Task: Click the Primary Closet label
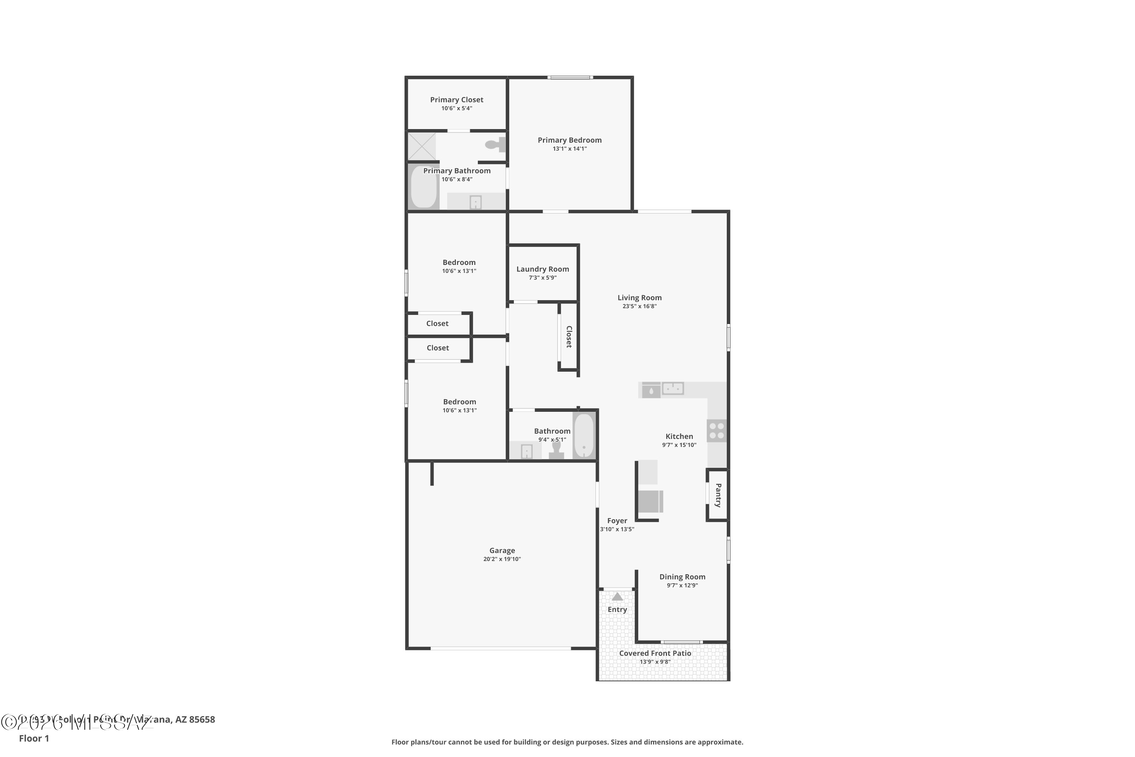coord(457,100)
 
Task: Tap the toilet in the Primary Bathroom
coord(495,144)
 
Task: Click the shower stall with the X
coord(422,146)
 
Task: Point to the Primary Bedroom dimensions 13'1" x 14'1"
coord(569,149)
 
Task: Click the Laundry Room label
coord(543,269)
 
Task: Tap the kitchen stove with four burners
coord(717,431)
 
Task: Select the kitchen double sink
coord(672,388)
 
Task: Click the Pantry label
coord(718,495)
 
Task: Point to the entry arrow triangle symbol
coord(617,597)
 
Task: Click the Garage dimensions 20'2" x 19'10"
coord(502,559)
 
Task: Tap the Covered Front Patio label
coord(655,653)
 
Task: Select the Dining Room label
coord(682,576)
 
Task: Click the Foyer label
coord(617,520)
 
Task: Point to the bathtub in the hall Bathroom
coord(584,436)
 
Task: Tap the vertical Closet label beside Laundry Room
coord(569,336)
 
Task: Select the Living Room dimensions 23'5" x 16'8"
coord(639,306)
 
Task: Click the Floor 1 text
coord(34,738)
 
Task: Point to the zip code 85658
coord(202,720)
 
